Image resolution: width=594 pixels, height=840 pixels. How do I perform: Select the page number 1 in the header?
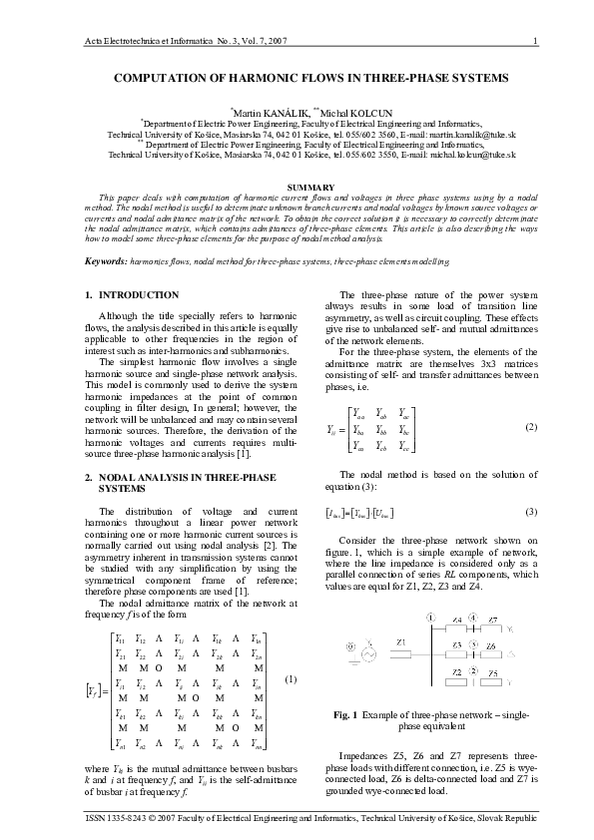[536, 40]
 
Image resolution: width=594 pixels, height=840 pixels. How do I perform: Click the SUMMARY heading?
[297, 187]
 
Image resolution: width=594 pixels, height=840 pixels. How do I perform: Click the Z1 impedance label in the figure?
[400, 641]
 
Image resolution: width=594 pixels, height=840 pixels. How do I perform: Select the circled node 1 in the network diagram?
[430, 619]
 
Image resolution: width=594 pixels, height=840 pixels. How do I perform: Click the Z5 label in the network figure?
[494, 673]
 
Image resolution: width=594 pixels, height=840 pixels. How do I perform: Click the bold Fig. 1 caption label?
[350, 716]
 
